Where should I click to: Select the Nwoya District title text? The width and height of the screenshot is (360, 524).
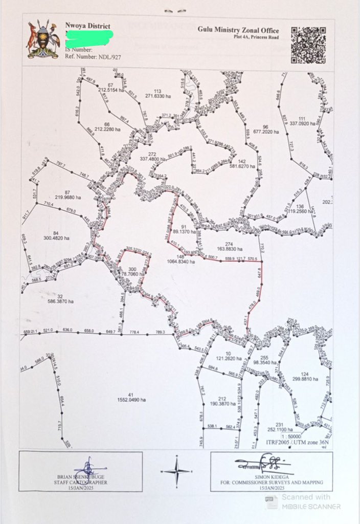tap(87, 26)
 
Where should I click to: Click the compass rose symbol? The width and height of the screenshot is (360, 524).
tap(176, 470)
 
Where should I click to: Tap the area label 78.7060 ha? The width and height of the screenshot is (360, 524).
tap(132, 275)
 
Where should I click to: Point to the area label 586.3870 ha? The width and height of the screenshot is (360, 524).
tap(59, 302)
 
